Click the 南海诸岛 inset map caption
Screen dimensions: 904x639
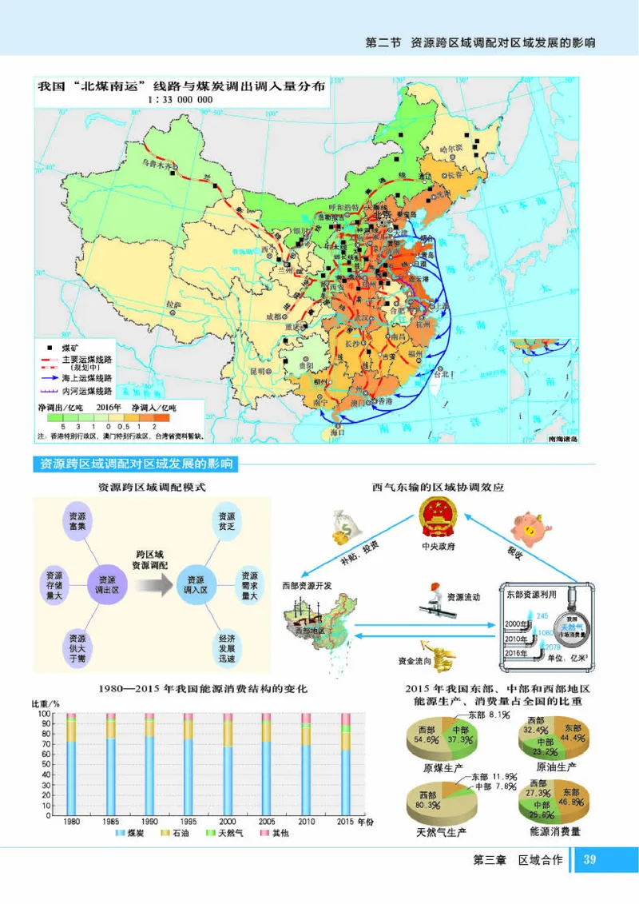point(562,438)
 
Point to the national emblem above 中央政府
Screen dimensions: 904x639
point(439,514)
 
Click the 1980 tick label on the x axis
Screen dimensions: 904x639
point(71,822)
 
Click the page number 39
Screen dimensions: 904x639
point(590,860)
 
